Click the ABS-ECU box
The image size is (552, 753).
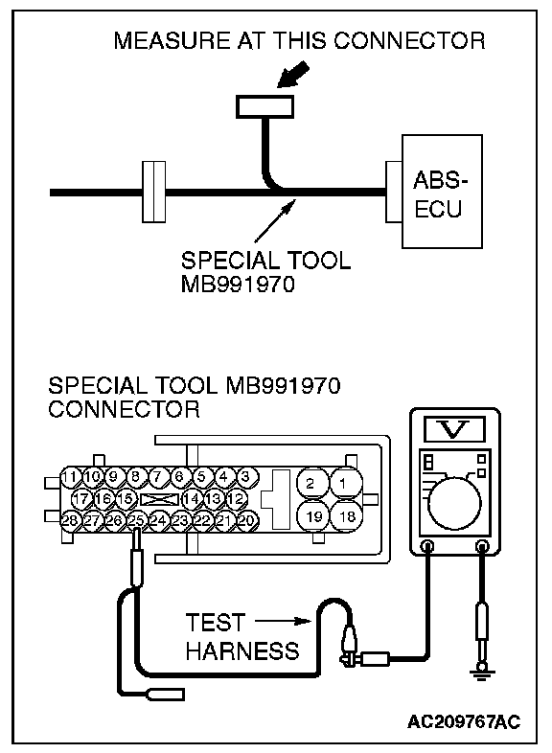click(442, 192)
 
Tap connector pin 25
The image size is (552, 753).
click(136, 520)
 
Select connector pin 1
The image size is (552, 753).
click(346, 483)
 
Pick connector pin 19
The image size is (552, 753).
click(313, 516)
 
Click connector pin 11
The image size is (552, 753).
click(70, 477)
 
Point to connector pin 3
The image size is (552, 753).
click(245, 477)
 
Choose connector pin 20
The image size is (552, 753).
click(246, 520)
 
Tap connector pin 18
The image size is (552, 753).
click(346, 516)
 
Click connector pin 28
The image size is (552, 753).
click(70, 520)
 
